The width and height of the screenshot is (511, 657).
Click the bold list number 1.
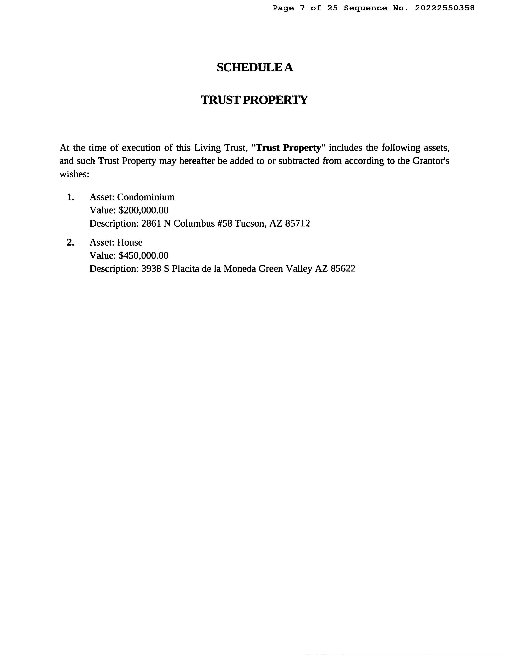(70, 197)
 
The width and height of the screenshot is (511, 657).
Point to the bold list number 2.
(70, 242)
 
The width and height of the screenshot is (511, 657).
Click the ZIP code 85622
(343, 269)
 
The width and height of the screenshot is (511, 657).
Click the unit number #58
(225, 223)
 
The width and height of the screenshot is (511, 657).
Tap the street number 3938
(151, 269)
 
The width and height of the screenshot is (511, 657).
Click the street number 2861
(151, 223)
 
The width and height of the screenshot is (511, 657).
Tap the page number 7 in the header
(302, 8)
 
